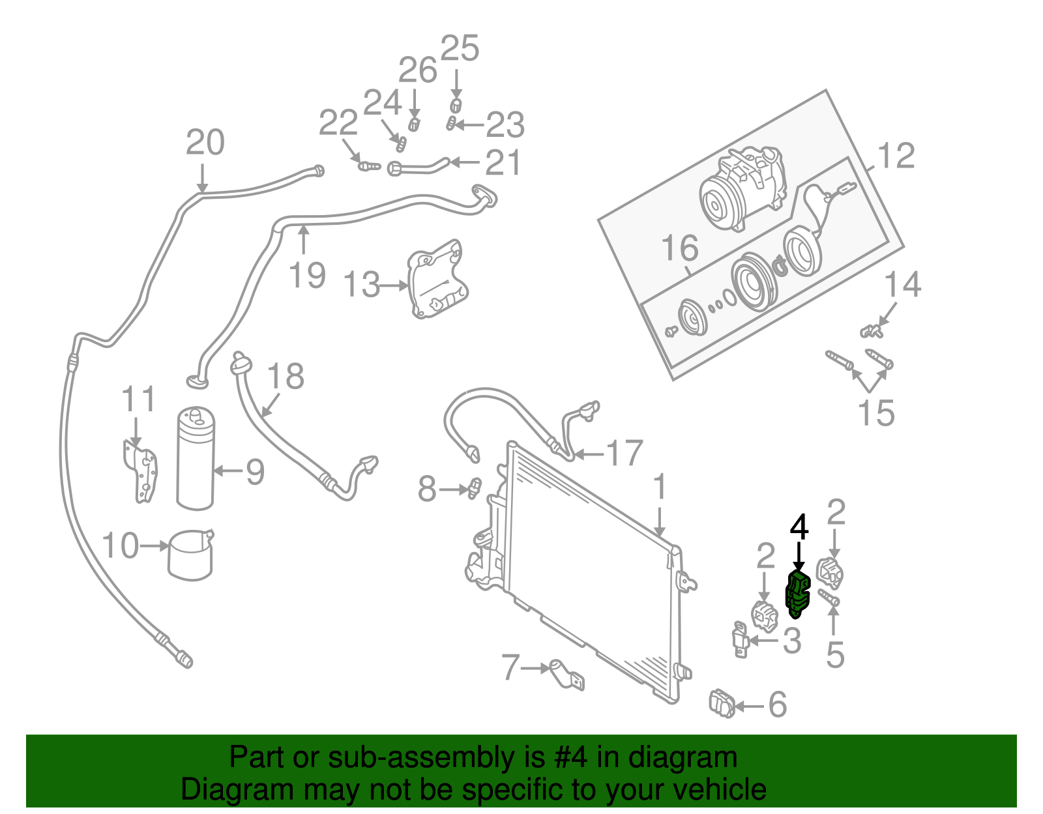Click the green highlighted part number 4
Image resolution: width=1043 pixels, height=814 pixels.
[797, 594]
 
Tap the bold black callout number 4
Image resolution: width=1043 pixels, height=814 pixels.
[799, 528]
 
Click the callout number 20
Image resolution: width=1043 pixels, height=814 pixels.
[205, 143]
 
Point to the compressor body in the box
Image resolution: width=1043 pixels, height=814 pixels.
[743, 189]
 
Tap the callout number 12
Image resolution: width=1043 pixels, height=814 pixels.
[896, 156]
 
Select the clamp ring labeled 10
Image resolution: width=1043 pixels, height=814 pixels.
[190, 555]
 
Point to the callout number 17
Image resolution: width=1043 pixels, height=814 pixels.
[624, 454]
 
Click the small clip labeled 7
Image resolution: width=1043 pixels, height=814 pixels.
[566, 675]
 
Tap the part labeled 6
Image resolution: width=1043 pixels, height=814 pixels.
[722, 703]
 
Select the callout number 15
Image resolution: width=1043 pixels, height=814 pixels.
[876, 413]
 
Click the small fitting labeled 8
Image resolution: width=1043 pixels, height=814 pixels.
[474, 488]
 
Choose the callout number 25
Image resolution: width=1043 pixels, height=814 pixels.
[460, 49]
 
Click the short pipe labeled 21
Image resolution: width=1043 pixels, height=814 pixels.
[417, 167]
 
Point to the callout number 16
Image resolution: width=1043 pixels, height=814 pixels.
[679, 248]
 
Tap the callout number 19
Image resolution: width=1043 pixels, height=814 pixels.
[307, 275]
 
